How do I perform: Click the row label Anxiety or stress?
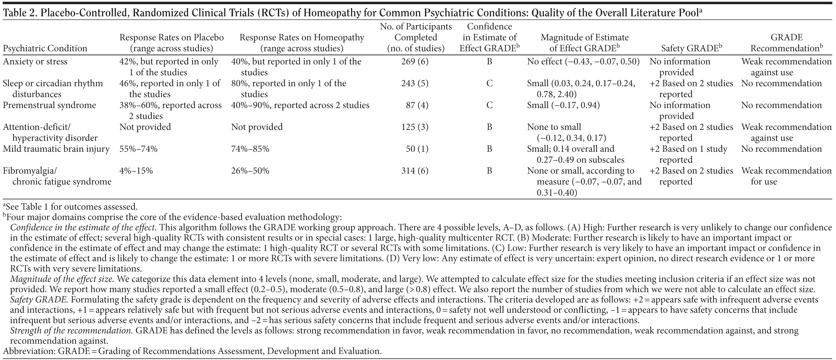coord(35,62)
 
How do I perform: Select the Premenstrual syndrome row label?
coord(49,105)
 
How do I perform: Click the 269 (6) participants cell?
coord(415,62)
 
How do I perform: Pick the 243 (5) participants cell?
coord(415,83)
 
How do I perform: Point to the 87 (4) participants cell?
coord(417,105)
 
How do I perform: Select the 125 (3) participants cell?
coord(415,127)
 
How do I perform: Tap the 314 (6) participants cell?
coord(415,171)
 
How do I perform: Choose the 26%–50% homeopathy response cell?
coord(250,171)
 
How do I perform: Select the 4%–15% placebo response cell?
coord(136,171)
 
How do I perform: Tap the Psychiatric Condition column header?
coord(45,48)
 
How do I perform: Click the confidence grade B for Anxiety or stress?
coord(489,62)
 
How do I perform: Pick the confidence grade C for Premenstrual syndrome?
coord(489,105)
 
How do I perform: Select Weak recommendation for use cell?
coord(786,176)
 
